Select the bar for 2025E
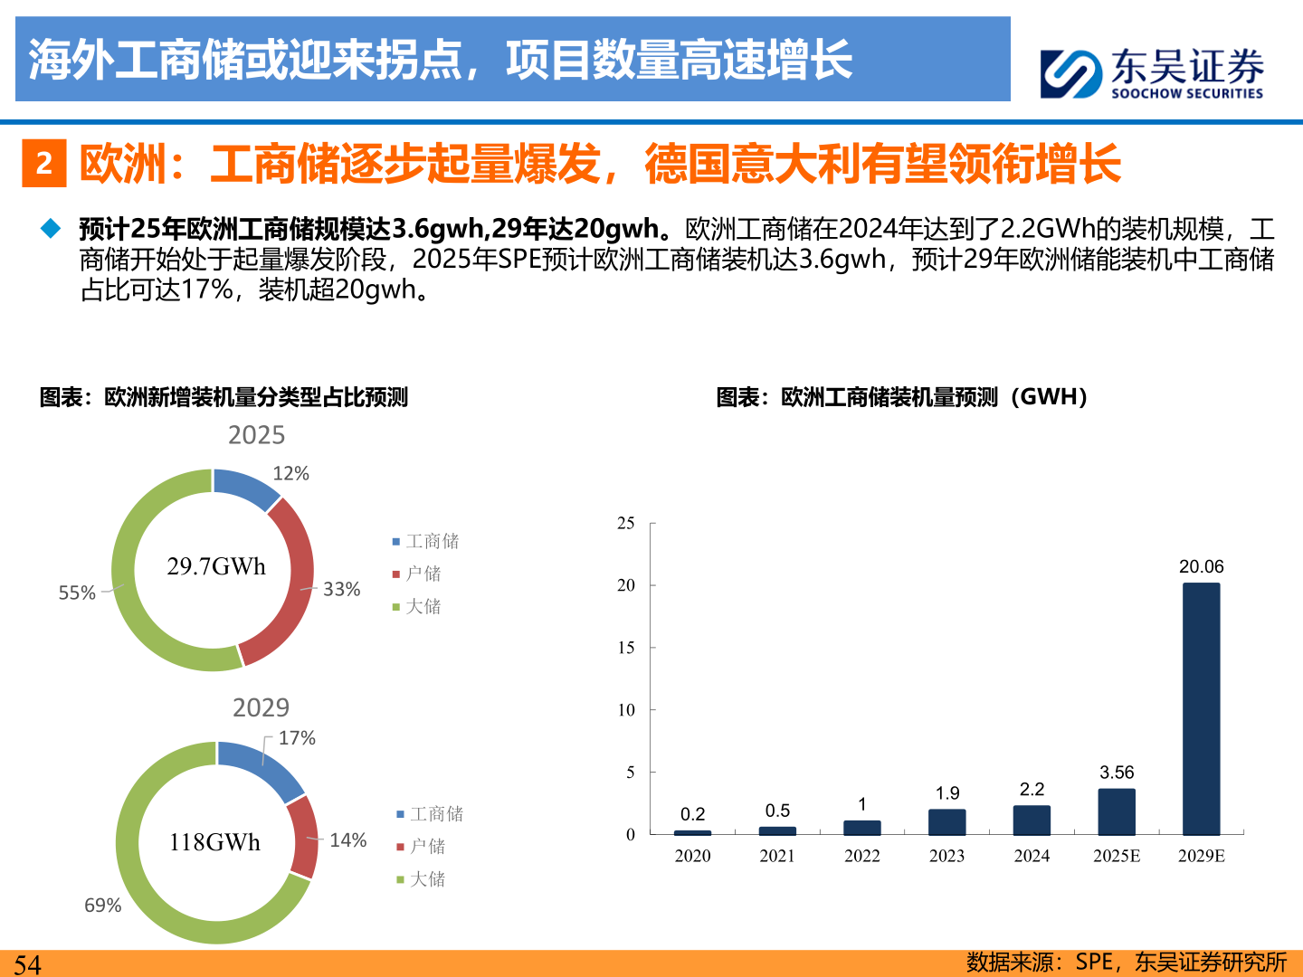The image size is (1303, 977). pos(1117,811)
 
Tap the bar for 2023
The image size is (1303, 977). pos(946,821)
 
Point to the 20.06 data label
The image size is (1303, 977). pos(1201,566)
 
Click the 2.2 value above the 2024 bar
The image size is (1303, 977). pos(1032,789)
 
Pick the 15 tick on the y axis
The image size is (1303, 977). pos(626,648)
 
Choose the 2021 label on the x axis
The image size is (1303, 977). pos(777,856)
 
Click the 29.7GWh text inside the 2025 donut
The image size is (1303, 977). pos(216,566)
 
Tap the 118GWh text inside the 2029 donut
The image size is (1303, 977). pos(214,842)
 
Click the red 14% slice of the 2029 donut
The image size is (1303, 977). pos(304,837)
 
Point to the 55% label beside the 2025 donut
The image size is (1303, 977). pos(77,593)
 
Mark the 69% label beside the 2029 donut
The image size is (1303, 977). pos(102,905)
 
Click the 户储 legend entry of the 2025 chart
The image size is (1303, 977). pos(423,574)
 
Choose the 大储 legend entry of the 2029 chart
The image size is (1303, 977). pos(427,878)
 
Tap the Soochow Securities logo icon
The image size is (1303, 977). pos(1070,73)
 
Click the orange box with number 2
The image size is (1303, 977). pos(43,163)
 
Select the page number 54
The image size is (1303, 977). pos(27,964)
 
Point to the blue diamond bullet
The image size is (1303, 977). pos(51,228)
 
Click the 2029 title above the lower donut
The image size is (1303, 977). pos(261,707)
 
